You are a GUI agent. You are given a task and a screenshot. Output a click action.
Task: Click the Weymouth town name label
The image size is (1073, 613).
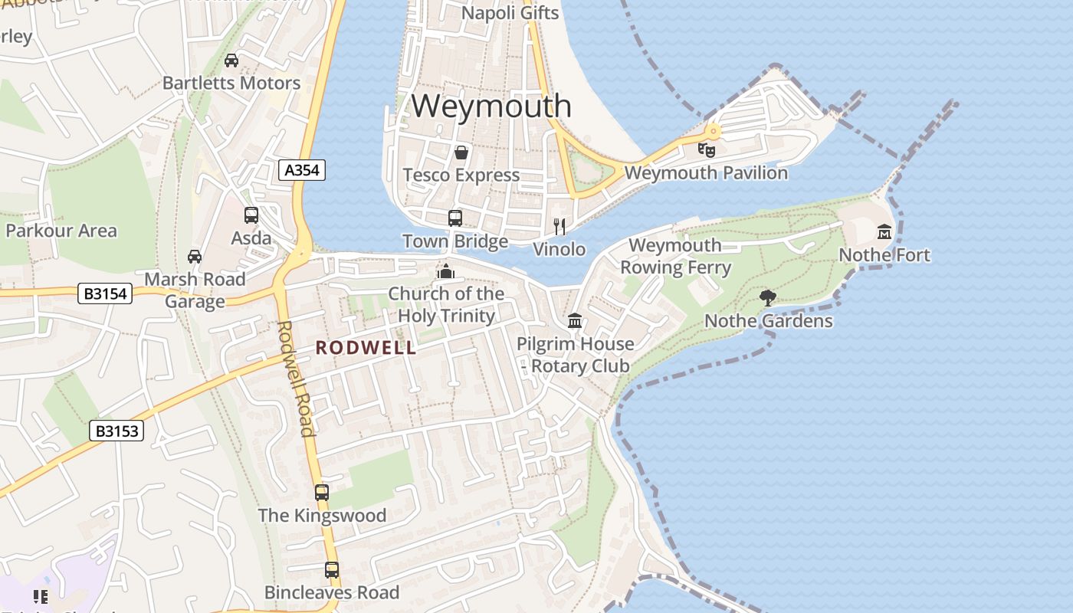(x=491, y=106)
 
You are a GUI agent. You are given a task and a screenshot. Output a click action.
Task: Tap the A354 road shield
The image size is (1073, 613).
(x=302, y=170)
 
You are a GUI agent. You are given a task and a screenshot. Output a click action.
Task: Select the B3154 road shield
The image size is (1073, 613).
(x=105, y=293)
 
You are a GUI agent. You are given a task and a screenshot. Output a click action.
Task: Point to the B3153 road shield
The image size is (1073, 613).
(x=117, y=431)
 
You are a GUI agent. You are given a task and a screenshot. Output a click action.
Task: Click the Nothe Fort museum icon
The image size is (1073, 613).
(x=884, y=231)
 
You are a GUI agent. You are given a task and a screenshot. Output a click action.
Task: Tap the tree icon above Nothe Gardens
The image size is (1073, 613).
(x=767, y=297)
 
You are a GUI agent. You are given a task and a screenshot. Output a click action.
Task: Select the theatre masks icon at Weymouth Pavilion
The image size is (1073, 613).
(x=707, y=149)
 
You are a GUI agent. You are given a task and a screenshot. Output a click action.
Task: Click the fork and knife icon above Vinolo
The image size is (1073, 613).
(x=560, y=226)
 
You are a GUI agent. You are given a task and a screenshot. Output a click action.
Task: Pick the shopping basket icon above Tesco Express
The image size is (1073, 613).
(x=461, y=152)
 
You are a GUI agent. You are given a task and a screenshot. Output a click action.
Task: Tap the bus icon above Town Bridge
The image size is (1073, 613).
(x=455, y=218)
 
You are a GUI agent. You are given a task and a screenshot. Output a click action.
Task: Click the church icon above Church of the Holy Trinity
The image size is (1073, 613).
(x=445, y=270)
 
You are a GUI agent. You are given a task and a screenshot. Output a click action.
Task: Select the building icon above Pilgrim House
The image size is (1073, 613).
(x=575, y=320)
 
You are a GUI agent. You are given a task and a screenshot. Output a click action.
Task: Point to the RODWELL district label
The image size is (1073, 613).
(x=366, y=348)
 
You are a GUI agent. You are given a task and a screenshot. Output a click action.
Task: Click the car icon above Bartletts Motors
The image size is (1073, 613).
(x=231, y=60)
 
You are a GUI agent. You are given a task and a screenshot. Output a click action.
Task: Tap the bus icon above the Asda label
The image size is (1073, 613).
(x=251, y=215)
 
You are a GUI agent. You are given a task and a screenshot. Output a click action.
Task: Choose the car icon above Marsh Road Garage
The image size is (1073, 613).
(x=195, y=257)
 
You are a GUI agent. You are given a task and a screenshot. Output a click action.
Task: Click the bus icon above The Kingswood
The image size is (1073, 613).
(x=322, y=492)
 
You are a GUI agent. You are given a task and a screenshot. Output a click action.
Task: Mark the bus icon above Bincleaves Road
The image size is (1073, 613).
(x=332, y=569)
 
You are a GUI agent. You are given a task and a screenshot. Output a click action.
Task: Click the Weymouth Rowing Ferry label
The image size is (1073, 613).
(x=675, y=256)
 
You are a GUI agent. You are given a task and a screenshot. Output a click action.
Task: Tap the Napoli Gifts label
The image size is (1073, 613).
(x=510, y=13)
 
